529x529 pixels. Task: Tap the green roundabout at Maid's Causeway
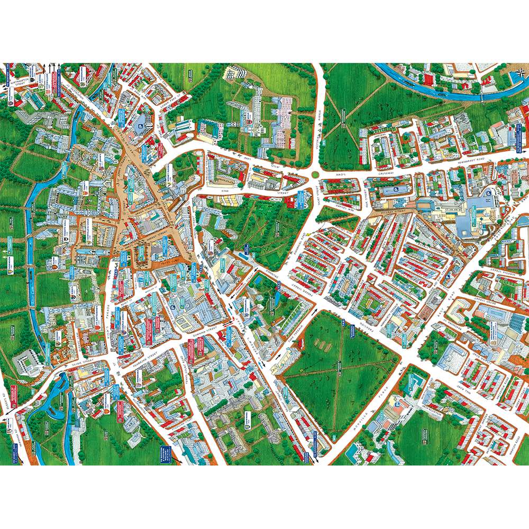(316, 174)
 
